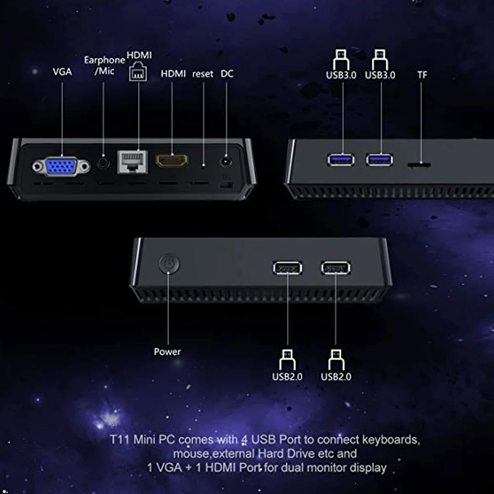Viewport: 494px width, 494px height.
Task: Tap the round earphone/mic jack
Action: point(103,162)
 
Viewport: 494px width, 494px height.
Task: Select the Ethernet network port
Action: point(132,162)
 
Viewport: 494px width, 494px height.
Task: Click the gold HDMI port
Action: point(172,161)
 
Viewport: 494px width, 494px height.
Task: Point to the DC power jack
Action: point(227,161)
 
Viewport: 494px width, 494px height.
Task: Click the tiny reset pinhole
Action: point(203,165)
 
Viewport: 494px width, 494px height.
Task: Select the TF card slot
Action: point(418,164)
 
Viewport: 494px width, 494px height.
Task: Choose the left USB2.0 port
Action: point(288,268)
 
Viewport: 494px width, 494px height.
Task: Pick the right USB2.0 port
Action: point(336,268)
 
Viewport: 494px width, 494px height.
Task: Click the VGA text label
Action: point(62,72)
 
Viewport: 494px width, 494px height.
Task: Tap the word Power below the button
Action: point(167,352)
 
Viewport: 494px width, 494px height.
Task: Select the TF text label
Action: point(422,75)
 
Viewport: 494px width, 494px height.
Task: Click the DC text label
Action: point(227,74)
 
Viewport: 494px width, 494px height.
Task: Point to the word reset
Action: point(203,74)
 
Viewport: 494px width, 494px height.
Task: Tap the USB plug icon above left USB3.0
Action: point(341,59)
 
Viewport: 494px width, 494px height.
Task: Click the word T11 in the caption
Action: point(119,439)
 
